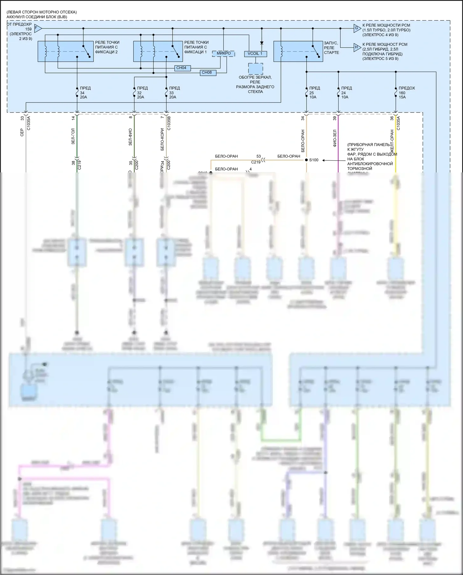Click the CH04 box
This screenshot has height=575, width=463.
(x=181, y=68)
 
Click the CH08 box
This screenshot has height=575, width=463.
(x=206, y=73)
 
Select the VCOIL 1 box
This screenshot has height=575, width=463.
(x=255, y=54)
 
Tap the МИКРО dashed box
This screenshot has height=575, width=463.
(x=223, y=53)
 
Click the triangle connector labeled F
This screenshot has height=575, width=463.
(x=37, y=28)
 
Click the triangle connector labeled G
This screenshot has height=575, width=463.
(x=357, y=28)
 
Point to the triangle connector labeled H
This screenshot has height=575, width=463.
(x=357, y=47)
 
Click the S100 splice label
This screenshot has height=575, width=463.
(x=314, y=160)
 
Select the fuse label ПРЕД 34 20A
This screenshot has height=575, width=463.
(x=85, y=93)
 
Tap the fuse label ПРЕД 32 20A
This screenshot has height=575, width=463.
(x=142, y=93)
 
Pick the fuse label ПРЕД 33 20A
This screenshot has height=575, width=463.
(x=174, y=93)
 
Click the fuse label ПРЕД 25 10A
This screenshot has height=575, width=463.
(x=314, y=93)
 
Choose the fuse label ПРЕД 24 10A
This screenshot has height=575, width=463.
(x=346, y=93)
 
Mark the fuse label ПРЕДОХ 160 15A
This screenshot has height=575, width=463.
(x=406, y=93)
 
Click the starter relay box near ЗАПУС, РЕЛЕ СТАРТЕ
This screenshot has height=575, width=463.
(x=298, y=51)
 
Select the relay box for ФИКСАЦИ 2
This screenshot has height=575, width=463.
(x=65, y=51)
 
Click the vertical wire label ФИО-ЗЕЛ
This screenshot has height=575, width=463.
(x=335, y=138)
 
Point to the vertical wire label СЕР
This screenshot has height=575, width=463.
(x=22, y=132)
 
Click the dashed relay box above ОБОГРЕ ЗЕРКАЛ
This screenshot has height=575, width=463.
(x=256, y=69)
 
